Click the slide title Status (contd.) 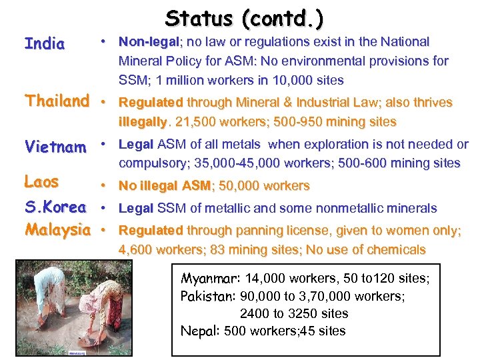coord(244,18)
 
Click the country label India coord(45,44)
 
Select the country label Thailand coord(57,101)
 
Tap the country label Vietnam coord(55,147)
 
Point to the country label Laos coord(41,181)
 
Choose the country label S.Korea coord(55,207)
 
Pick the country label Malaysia coord(57,230)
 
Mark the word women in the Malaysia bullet coord(385,231)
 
